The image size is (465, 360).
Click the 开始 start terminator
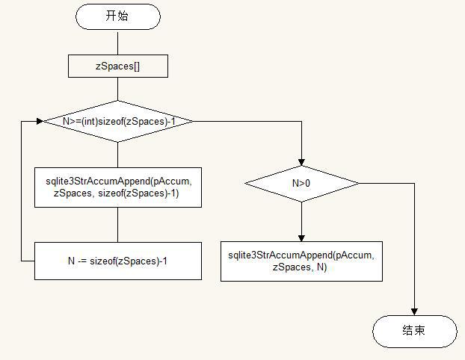[117, 16]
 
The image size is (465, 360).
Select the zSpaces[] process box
[117, 66]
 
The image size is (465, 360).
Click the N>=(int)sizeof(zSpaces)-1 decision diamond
[117, 121]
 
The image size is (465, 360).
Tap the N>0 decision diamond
[301, 183]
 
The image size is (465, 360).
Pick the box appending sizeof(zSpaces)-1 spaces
[117, 187]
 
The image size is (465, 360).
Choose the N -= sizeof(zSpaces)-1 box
[117, 261]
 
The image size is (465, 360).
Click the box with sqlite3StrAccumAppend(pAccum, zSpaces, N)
[301, 261]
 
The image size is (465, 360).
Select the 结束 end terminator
[414, 331]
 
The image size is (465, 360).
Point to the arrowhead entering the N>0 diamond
[301, 161]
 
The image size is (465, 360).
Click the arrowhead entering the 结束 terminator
[414, 311]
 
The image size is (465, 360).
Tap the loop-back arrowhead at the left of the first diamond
[39, 121]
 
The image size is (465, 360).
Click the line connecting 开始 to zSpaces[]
[117, 43]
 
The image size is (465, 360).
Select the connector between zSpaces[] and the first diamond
[117, 88]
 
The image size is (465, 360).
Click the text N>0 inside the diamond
[301, 183]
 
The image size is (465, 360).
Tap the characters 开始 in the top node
[117, 16]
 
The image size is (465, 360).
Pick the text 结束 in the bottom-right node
[414, 331]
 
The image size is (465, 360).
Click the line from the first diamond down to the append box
[117, 154]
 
